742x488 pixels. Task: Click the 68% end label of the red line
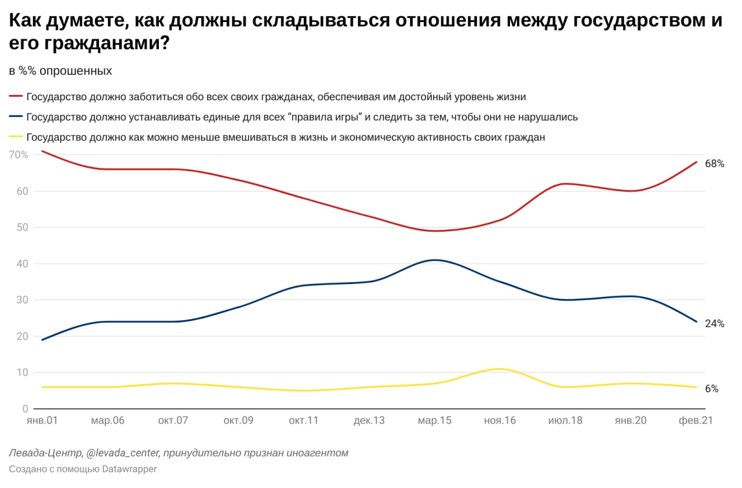pos(714,163)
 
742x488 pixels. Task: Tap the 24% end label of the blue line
pos(714,323)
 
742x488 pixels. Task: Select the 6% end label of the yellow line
pos(711,389)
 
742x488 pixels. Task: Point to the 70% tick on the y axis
pos(18,155)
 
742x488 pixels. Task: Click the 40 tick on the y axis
pos(22,264)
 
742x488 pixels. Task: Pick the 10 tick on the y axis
pos(22,373)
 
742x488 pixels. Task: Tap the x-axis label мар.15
pos(434,421)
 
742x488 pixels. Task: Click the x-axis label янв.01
pos(42,421)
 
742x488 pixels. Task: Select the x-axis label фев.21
pos(696,421)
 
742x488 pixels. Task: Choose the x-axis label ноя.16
pos(500,421)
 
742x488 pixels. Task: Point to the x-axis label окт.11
pos(304,421)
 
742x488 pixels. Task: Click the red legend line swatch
pos(16,96)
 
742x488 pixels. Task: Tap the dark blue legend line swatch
pos(16,116)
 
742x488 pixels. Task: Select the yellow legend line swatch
pos(16,137)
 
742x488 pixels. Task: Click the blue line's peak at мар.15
pos(435,260)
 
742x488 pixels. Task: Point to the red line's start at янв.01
pos(42,151)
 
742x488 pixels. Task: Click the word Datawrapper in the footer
pos(129,469)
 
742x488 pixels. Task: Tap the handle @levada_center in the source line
pos(122,453)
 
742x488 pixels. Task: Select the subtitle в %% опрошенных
pos(60,71)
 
